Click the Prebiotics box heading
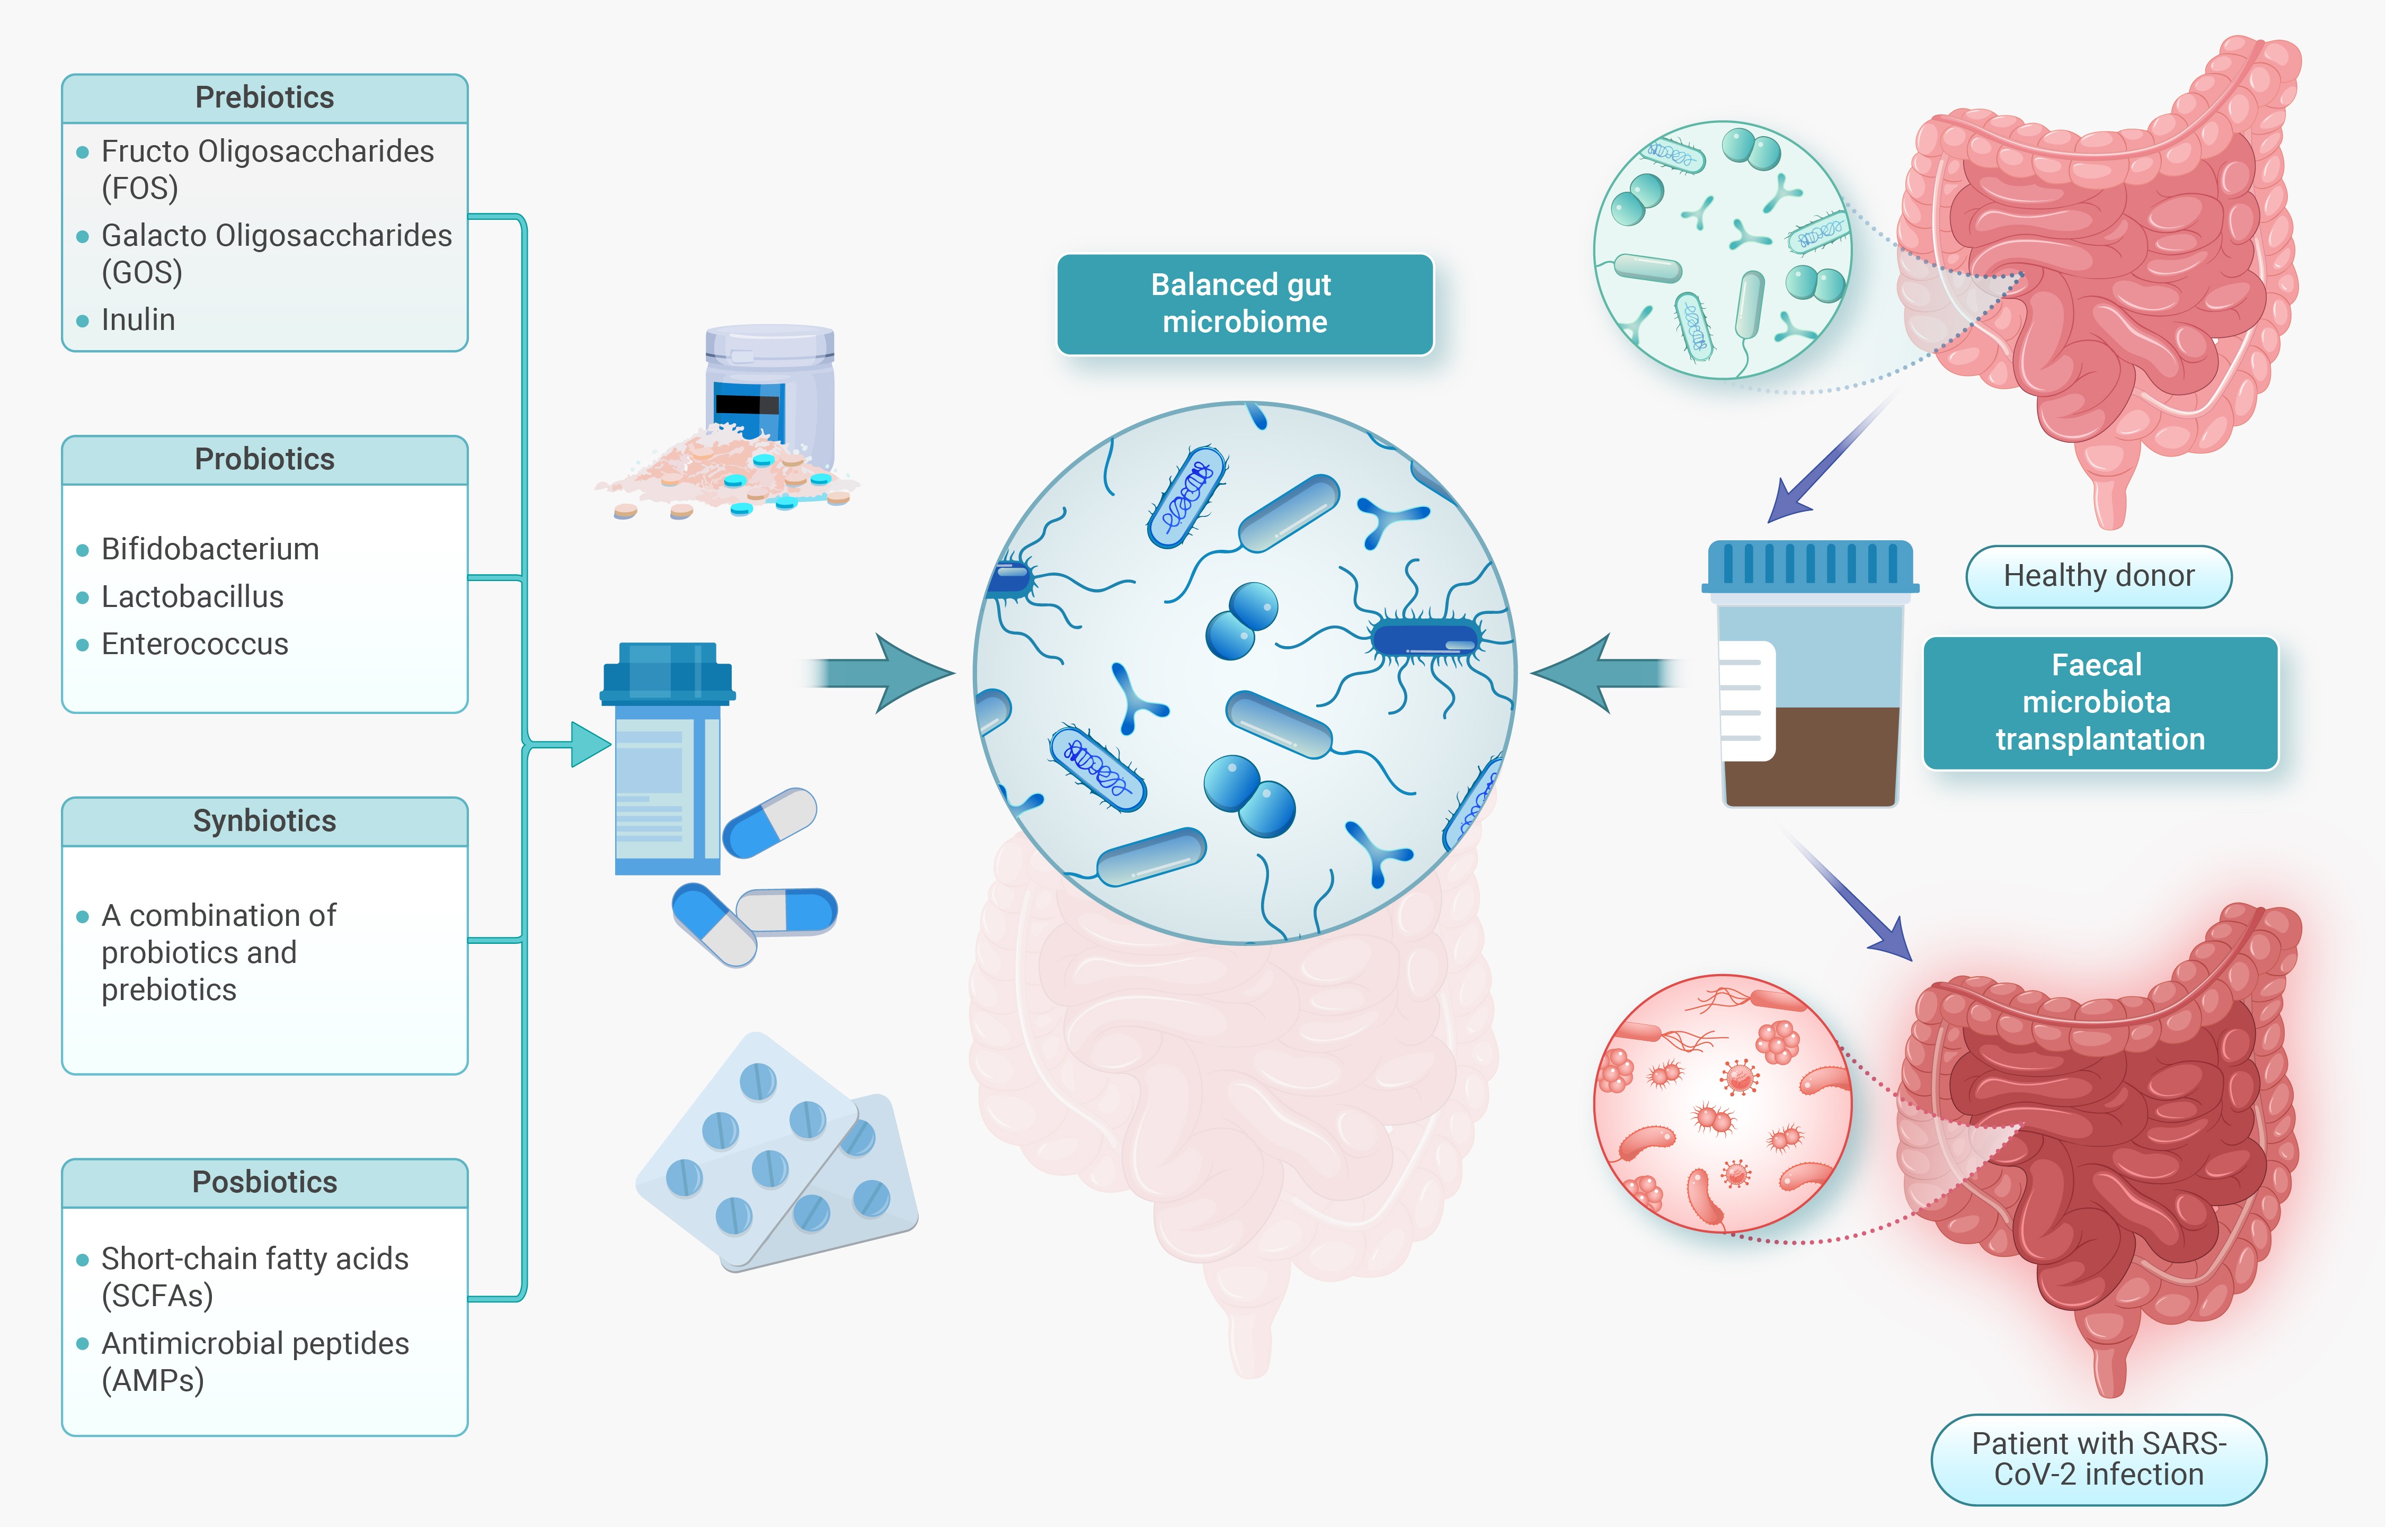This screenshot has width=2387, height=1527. click(265, 97)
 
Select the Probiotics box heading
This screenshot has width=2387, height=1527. click(265, 459)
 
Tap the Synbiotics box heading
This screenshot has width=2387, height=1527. click(265, 821)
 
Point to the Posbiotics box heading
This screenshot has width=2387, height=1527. click(265, 1182)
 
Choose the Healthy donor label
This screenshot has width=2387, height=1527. click(2098, 576)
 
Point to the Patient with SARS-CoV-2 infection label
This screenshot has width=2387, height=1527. click(2098, 1459)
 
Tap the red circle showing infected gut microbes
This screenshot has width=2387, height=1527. click(1723, 1104)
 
